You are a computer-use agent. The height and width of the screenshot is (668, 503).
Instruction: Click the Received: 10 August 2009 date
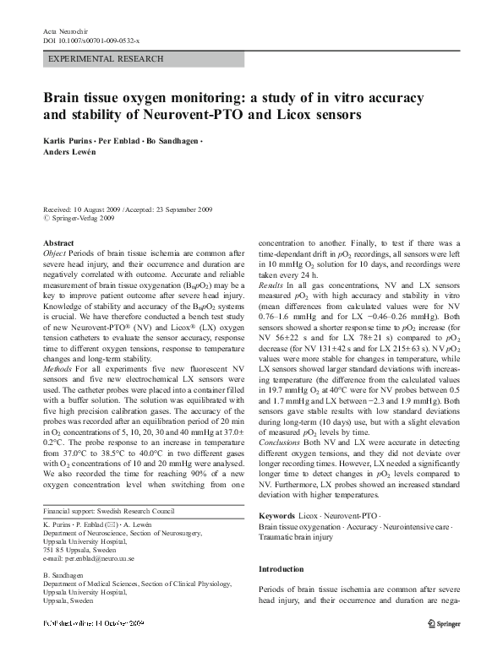click(82, 209)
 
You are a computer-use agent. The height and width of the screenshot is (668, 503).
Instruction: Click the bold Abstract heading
click(57, 243)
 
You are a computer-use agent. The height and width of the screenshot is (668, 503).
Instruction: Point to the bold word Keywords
click(276, 514)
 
